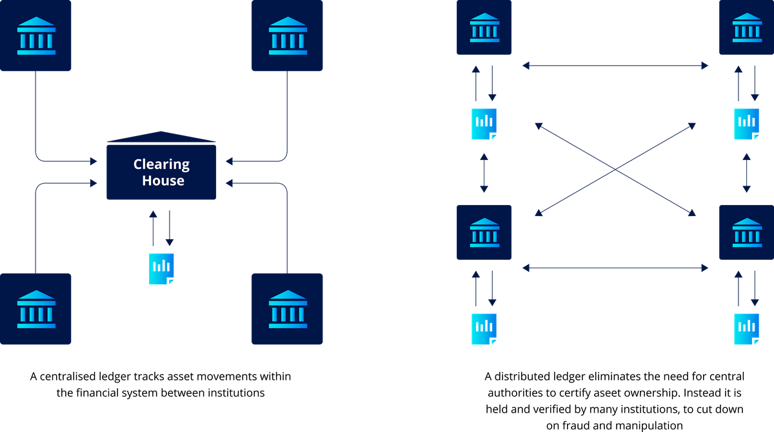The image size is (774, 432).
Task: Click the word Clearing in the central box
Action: tap(161, 164)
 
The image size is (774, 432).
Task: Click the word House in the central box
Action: tap(163, 181)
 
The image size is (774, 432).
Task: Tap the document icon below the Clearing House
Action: tap(161, 269)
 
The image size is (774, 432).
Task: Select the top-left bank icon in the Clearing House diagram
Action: tap(36, 35)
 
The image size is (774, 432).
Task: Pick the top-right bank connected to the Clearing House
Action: tap(287, 35)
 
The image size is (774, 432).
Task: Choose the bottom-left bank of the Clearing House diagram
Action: tap(36, 309)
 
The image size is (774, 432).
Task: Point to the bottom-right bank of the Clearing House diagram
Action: tap(287, 309)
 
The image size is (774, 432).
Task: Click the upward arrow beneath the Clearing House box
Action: tap(153, 228)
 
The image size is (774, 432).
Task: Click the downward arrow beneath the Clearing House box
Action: tap(169, 228)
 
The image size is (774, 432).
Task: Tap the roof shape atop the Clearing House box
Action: tap(161, 137)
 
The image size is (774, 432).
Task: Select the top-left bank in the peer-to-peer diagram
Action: tap(484, 27)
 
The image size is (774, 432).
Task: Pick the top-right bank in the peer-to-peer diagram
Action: tap(746, 27)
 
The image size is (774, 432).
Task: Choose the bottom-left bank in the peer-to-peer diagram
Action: tap(484, 232)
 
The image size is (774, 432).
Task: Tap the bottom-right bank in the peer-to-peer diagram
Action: tap(746, 232)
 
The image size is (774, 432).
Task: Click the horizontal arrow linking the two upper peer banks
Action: tap(615, 66)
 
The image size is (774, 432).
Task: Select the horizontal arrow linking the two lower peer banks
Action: tap(615, 268)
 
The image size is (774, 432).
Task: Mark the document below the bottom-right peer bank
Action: tap(746, 329)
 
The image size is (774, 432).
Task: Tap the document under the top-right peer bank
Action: tap(746, 124)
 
